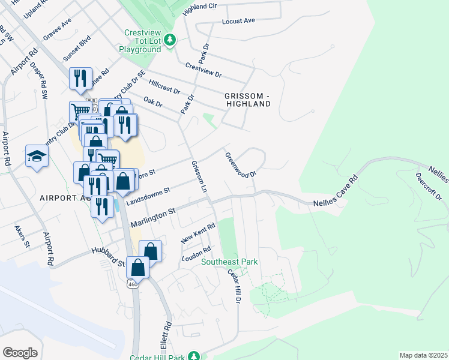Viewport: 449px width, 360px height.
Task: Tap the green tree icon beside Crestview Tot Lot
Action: coord(171,40)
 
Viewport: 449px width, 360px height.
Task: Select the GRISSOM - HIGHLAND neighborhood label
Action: coord(248,100)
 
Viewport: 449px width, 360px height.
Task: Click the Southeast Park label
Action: coord(229,262)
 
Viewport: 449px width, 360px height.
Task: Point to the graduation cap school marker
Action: coord(37,157)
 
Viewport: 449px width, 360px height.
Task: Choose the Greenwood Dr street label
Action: coord(241,164)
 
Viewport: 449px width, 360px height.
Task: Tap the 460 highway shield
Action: coord(133,284)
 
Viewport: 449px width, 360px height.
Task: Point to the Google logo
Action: coord(20,352)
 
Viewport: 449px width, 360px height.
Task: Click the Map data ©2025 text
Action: coord(423,355)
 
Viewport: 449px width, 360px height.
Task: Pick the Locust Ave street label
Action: coord(238,20)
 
